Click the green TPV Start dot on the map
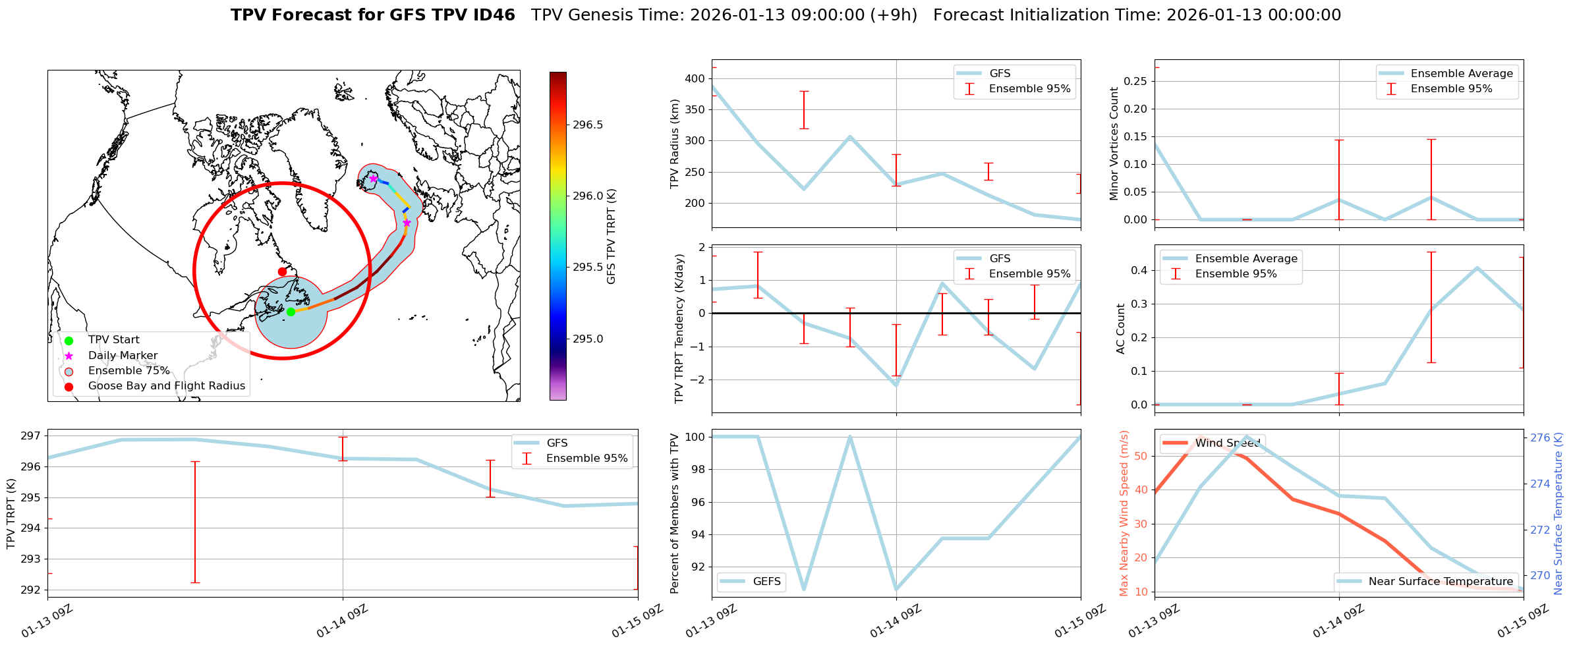click(291, 312)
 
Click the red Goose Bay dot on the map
click(282, 271)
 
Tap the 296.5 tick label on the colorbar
click(587, 125)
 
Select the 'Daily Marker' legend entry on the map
click(123, 356)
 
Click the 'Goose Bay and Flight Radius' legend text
click(166, 386)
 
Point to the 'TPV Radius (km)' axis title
click(674, 144)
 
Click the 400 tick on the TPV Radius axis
click(695, 79)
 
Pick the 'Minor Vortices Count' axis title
click(1114, 144)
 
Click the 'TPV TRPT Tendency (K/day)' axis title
click(679, 329)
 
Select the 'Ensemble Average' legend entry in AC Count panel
click(1245, 259)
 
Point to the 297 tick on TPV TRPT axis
click(31, 436)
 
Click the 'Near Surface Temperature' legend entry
click(1441, 582)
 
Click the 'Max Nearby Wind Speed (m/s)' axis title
click(1124, 513)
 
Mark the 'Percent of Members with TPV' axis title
click(674, 513)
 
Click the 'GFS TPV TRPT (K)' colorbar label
click(612, 237)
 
